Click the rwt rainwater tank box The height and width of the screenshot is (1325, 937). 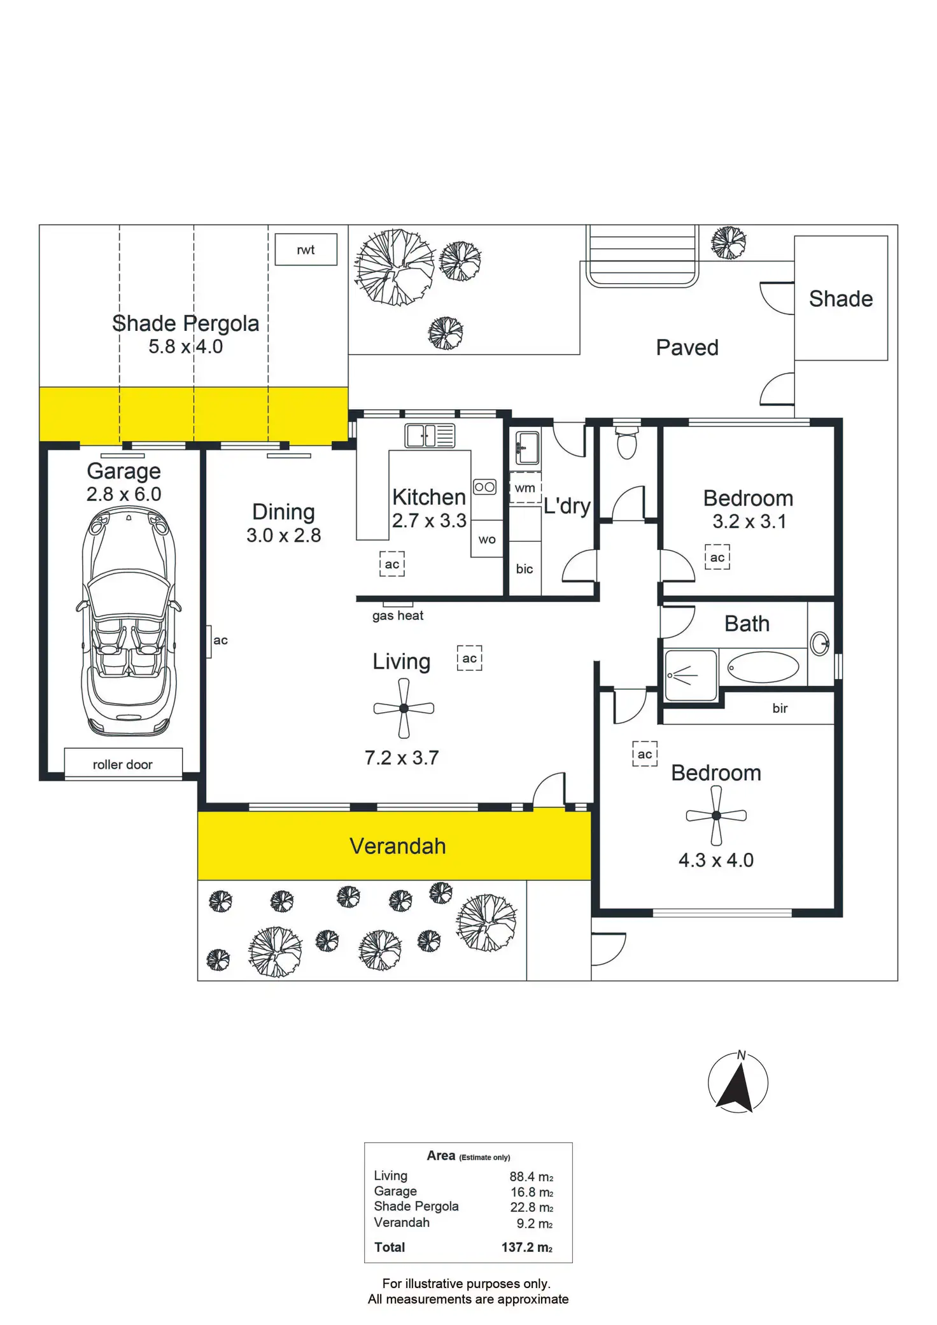[306, 249]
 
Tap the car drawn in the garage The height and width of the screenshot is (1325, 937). [129, 622]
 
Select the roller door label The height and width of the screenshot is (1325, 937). [122, 764]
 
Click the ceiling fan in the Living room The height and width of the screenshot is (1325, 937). [404, 708]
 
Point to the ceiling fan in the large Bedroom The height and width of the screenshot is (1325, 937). [716, 815]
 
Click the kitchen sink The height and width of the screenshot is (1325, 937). [430, 436]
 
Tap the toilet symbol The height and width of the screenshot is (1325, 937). [627, 441]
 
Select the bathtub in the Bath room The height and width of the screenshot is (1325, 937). [763, 667]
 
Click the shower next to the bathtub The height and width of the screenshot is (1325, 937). [690, 675]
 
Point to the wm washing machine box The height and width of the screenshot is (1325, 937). [525, 488]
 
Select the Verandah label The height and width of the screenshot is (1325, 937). [398, 846]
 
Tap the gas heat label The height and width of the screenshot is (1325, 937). [398, 615]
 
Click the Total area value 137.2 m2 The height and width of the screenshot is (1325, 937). [526, 1247]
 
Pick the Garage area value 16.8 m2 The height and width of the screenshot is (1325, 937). [531, 1192]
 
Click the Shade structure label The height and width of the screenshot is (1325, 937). [840, 298]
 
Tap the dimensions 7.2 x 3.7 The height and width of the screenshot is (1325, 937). [402, 757]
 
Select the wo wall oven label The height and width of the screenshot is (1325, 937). [487, 540]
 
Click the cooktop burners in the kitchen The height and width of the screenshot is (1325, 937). [484, 487]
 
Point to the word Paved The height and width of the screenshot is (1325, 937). [687, 347]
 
